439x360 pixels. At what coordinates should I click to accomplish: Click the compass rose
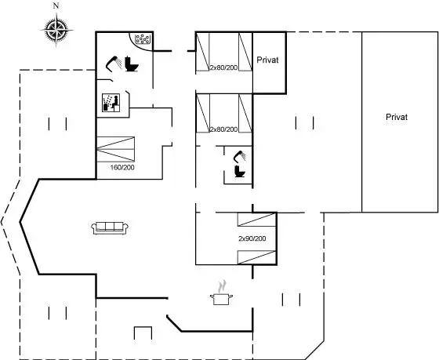(x=56, y=30)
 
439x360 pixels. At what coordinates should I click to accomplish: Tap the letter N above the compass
(x=56, y=6)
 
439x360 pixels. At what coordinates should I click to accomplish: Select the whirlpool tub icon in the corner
(x=142, y=39)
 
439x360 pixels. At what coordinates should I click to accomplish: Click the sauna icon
(x=111, y=103)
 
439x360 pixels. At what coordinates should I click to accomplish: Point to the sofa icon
(x=110, y=228)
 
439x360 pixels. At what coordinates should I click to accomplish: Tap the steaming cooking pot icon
(x=221, y=293)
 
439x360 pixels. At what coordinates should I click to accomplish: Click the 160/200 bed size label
(x=122, y=168)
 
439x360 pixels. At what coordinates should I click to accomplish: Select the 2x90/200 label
(x=252, y=238)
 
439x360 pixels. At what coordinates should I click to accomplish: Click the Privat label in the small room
(x=267, y=60)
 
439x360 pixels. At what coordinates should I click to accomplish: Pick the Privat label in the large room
(x=397, y=117)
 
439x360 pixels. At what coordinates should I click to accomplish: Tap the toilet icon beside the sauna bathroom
(x=132, y=64)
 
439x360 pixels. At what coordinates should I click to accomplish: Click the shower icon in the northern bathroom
(x=114, y=64)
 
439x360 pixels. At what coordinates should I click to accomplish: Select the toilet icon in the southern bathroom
(x=240, y=171)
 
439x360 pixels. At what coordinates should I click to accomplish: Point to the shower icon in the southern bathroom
(x=239, y=157)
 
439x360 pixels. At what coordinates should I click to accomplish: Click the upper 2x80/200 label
(x=223, y=67)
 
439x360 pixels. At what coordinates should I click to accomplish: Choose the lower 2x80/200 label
(x=223, y=129)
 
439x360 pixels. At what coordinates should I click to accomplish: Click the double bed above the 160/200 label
(x=116, y=149)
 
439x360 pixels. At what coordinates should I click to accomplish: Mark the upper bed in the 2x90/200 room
(x=257, y=220)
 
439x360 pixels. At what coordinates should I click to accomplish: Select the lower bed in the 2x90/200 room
(x=257, y=257)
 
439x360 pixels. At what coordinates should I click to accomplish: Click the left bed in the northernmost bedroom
(x=203, y=52)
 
